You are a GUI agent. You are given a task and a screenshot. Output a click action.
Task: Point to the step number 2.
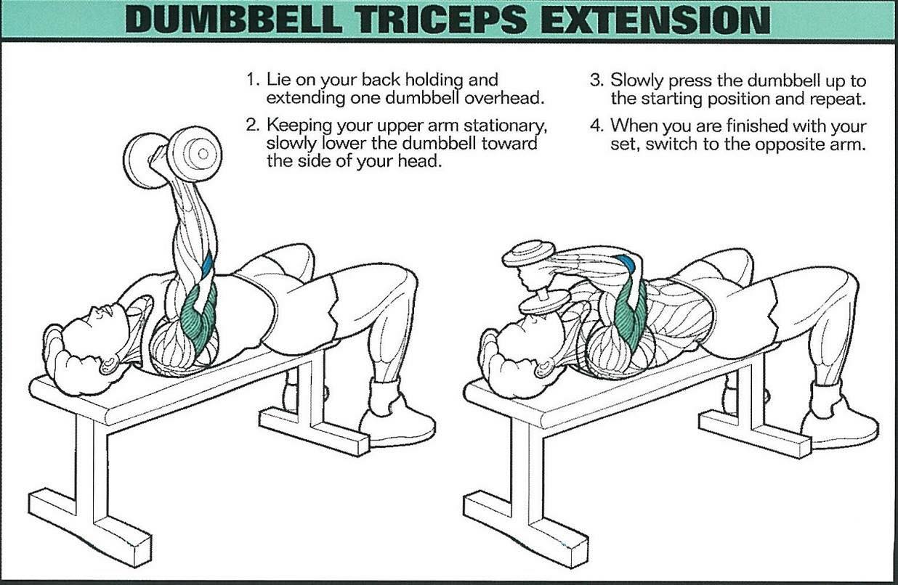point(252,126)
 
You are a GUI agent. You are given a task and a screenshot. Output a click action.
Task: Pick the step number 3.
point(596,80)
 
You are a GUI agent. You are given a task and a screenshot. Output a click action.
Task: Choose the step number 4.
point(596,126)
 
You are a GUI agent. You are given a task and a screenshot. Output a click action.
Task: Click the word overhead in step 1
point(504,98)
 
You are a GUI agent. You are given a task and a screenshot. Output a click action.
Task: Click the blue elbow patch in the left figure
point(208,266)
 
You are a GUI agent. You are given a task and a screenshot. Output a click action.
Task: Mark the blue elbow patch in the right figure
point(626,262)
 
